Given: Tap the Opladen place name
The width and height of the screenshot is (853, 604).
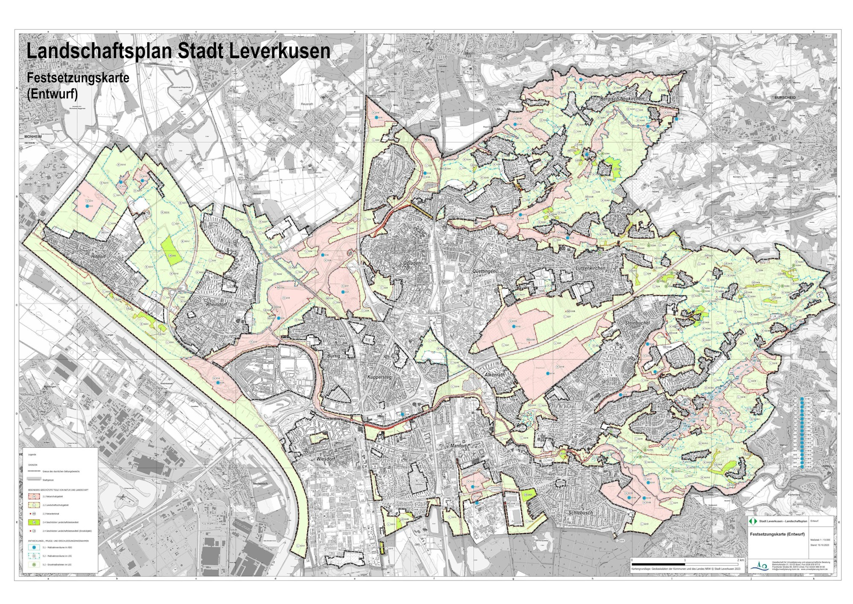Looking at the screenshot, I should [412, 263].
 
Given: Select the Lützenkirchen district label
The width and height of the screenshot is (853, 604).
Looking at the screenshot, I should [591, 268].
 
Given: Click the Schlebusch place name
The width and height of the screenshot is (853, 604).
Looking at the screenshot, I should [580, 513].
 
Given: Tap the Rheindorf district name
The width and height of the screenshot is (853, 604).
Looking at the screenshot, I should [216, 305].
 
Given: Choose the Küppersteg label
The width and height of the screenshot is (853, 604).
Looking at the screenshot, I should [379, 378].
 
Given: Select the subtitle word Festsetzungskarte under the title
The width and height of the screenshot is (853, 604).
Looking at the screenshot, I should [78, 78].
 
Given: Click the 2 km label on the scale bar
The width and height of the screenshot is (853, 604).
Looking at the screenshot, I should [740, 560].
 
